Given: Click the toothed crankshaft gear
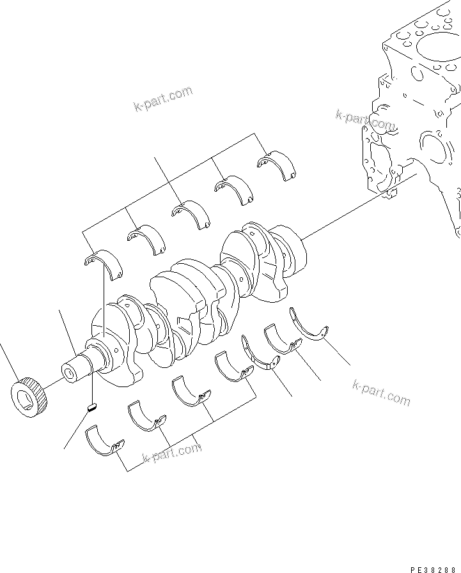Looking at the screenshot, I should point(29,398).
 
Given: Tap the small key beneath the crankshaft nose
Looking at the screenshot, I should point(91,405).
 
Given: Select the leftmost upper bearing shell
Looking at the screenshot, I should point(103,263).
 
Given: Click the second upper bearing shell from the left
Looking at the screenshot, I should point(145,238).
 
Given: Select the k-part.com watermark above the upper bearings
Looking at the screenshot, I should point(163,99).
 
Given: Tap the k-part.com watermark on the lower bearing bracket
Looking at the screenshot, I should point(171,453).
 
